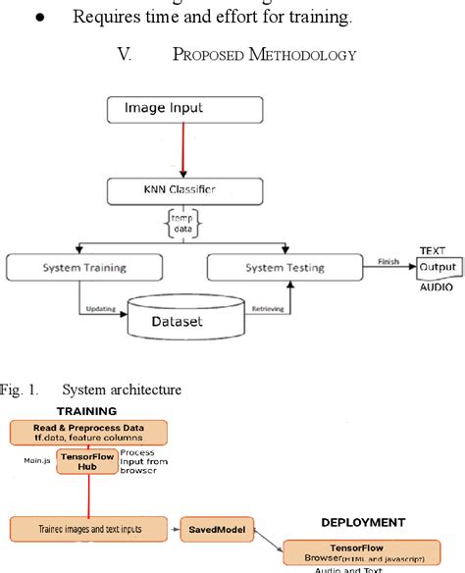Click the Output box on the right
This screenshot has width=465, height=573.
(438, 267)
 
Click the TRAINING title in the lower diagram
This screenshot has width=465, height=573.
(86, 411)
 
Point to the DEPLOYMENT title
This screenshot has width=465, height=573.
(364, 523)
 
